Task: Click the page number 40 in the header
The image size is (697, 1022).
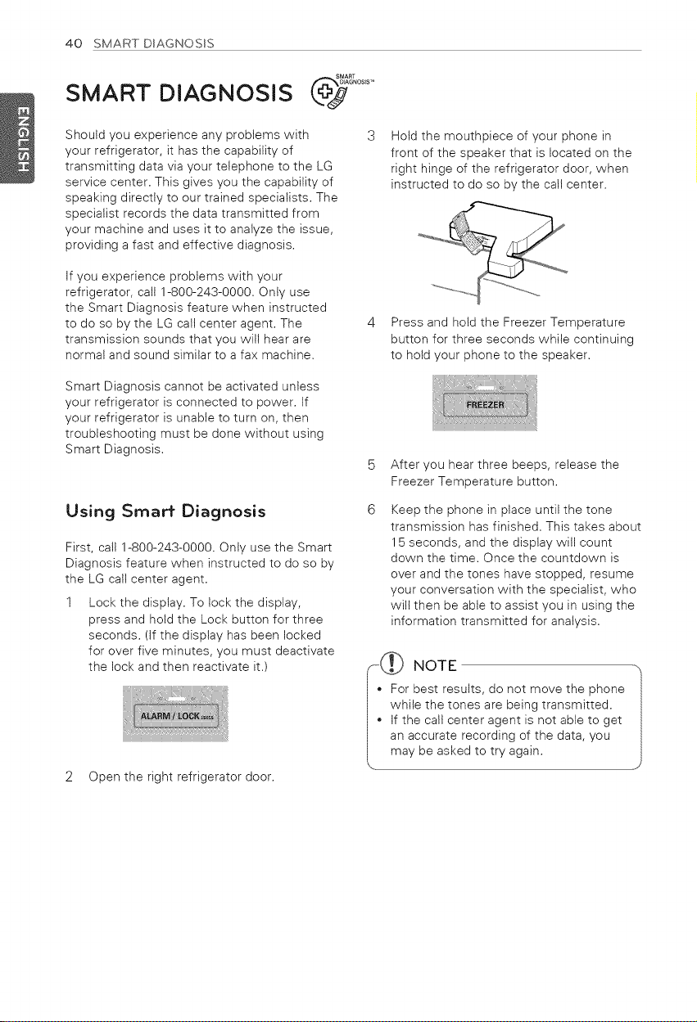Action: [74, 43]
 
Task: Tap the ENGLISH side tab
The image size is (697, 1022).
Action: [18, 137]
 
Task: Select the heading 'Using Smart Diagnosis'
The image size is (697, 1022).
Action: [165, 511]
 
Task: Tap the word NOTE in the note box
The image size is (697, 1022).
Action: [434, 666]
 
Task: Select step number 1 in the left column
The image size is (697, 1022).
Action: [70, 603]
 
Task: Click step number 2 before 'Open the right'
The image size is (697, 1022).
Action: [70, 777]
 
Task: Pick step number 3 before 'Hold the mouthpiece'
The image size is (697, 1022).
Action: [371, 136]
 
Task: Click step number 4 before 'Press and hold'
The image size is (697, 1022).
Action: [371, 322]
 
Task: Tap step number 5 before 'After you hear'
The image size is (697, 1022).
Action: [371, 465]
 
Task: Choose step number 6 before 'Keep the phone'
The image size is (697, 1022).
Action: [371, 510]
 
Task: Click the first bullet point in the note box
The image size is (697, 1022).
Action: [379, 690]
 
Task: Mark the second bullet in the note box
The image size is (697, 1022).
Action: [379, 720]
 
